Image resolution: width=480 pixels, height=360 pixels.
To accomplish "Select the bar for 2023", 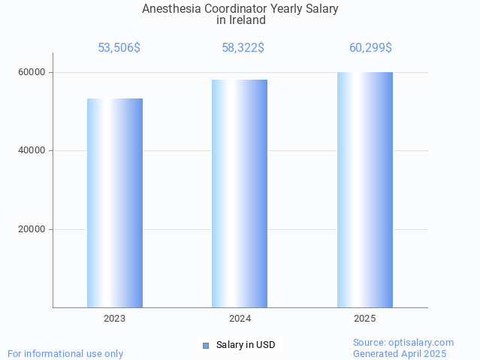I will tap(115, 203).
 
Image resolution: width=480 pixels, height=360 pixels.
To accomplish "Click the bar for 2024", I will tap(240, 194).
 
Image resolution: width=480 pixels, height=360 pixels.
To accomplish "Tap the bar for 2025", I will tap(365, 190).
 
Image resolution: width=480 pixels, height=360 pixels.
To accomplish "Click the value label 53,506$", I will tap(119, 48).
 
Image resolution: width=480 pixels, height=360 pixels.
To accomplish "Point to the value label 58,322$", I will tap(243, 48).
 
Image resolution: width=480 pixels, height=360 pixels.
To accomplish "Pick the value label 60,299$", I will tap(370, 48).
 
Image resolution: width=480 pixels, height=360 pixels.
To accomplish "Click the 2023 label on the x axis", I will tap(115, 319).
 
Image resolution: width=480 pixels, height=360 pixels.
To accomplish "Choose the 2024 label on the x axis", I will tap(240, 319).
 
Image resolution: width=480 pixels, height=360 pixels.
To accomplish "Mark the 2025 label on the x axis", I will tap(365, 319).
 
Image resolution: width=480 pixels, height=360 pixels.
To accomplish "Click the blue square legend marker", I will tap(205, 346).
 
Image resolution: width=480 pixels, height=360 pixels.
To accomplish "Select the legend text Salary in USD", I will tap(246, 345).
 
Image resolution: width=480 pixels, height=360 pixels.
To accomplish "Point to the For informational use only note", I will tap(65, 353).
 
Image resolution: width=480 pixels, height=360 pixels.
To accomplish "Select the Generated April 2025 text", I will tap(400, 353).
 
